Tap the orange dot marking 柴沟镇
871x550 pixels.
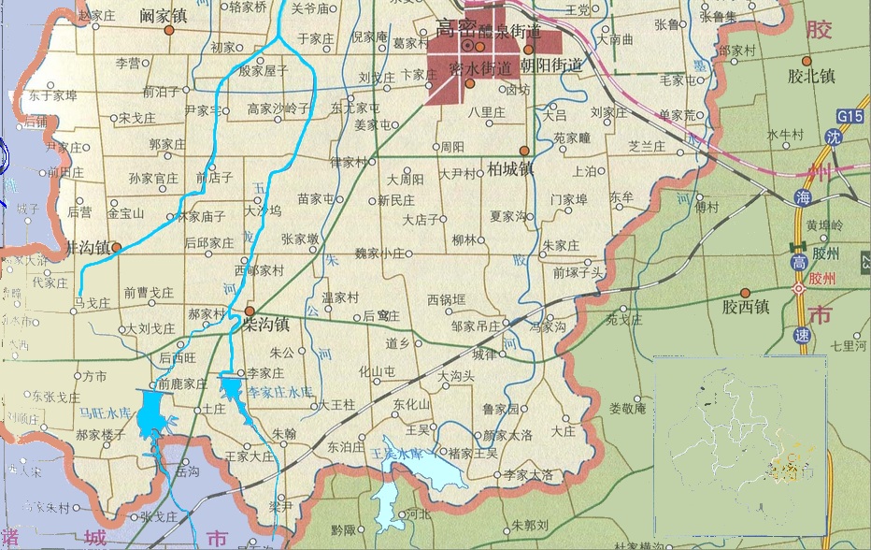coord(250,311)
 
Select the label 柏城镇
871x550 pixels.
coord(511,169)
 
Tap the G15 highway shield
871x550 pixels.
coord(850,115)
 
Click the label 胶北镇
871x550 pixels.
coord(810,77)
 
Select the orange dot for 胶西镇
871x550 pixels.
coord(746,293)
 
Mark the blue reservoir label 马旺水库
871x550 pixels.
coord(103,412)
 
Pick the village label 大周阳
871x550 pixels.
coord(407,178)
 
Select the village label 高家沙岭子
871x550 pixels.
coord(278,109)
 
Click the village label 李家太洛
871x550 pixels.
coord(528,475)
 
